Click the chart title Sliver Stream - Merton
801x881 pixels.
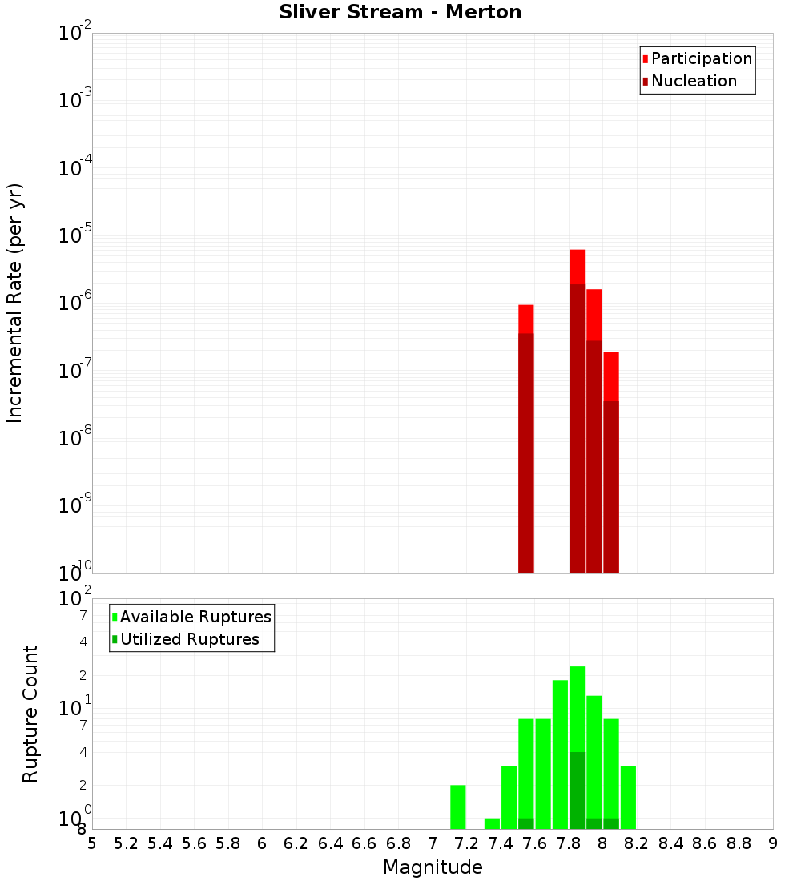tap(400, 13)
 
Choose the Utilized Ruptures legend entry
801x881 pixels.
tap(189, 640)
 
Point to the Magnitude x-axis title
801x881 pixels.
tap(433, 867)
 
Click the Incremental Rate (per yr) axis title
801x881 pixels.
tap(15, 304)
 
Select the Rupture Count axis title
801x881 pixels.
tap(30, 714)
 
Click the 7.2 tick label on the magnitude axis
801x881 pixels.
tap(467, 843)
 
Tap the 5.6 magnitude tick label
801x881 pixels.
tap(195, 843)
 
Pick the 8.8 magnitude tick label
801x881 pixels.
tap(739, 843)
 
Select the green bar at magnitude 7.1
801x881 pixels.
tap(458, 807)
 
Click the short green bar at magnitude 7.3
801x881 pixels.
tap(492, 823)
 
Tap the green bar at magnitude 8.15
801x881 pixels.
tap(628, 797)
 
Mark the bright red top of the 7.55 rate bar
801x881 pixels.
tap(526, 319)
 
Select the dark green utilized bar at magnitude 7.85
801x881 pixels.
tap(577, 790)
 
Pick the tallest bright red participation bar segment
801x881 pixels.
tap(577, 267)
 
